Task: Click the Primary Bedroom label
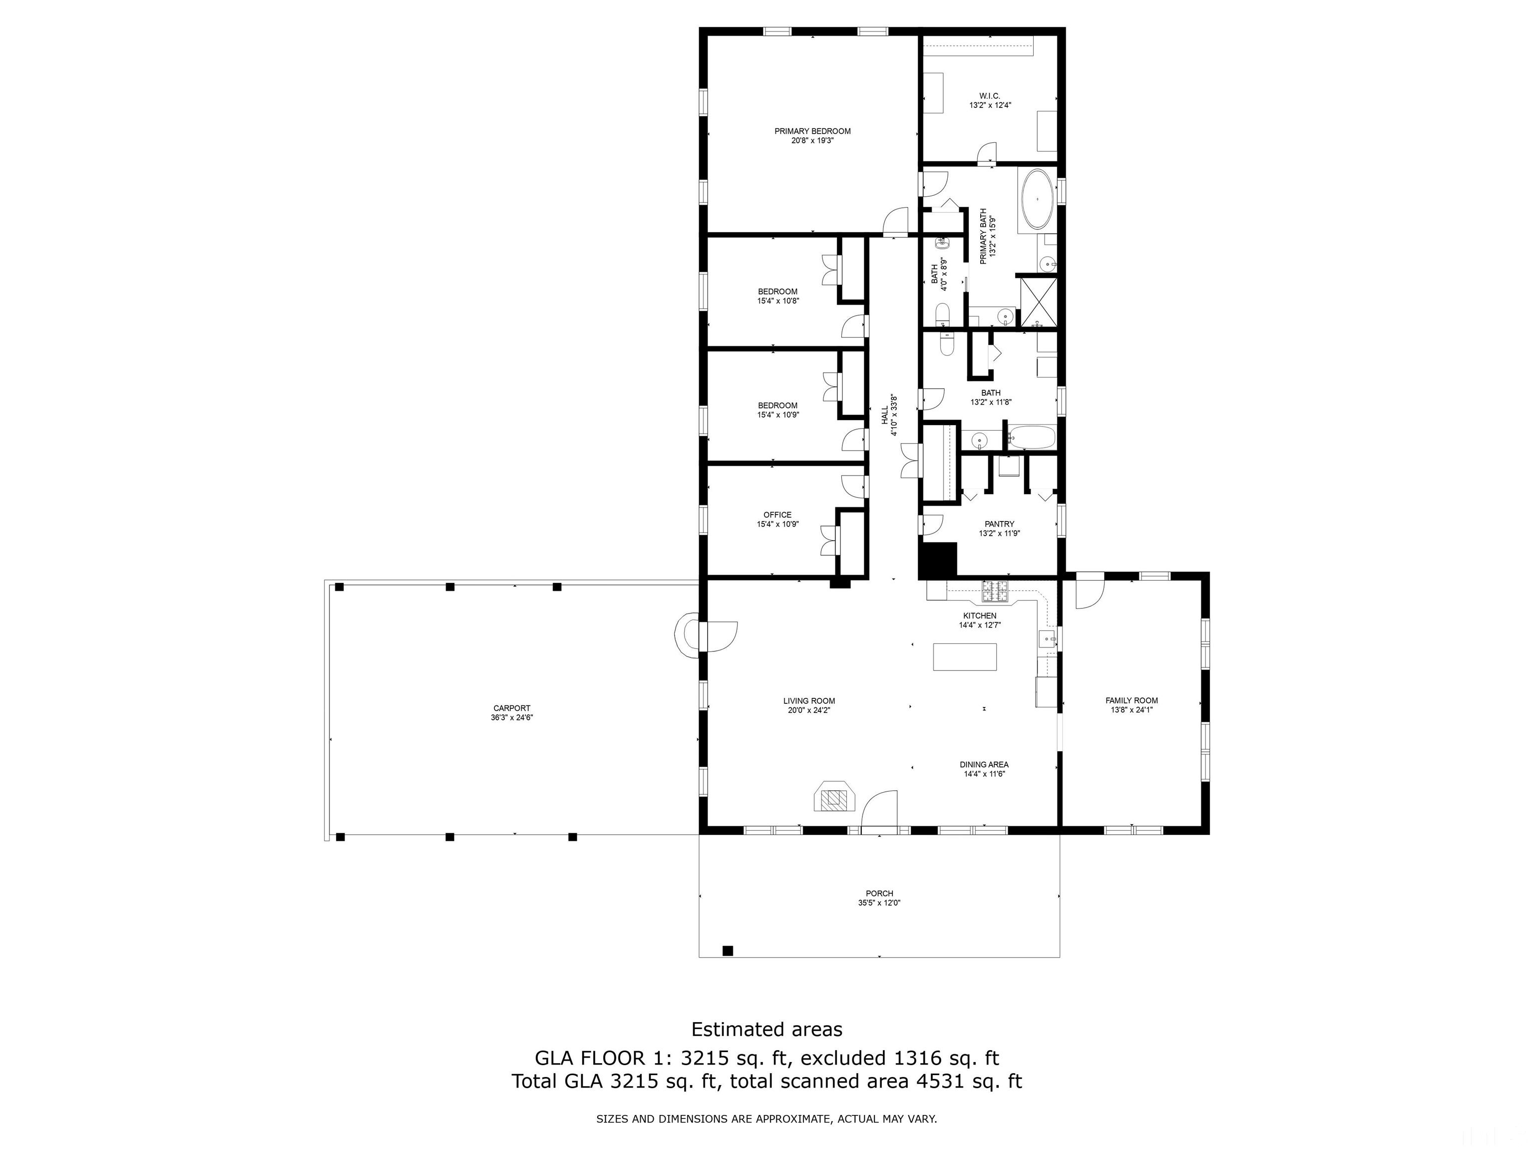[812, 131]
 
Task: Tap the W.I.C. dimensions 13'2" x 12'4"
[990, 105]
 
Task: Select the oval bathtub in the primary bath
[1036, 199]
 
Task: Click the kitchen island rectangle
[965, 656]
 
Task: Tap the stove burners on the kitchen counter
[995, 592]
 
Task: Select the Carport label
[512, 708]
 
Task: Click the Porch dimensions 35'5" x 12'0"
[879, 903]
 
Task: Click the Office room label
[777, 515]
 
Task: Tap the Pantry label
[999, 525]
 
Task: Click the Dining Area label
[984, 764]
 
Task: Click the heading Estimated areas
[767, 1029]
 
